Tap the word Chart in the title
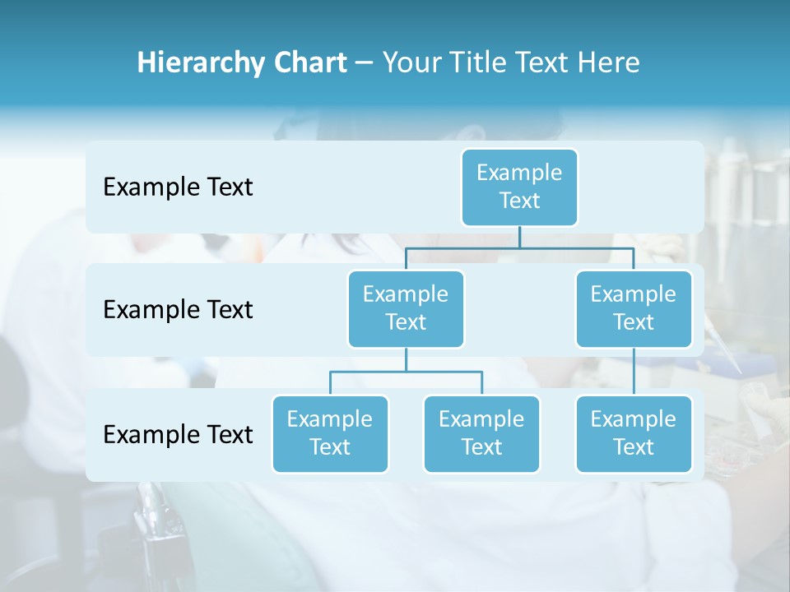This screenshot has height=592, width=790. click(308, 62)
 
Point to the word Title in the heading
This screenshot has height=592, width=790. click(476, 62)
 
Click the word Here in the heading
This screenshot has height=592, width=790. click(608, 62)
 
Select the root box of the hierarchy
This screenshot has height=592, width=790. click(519, 187)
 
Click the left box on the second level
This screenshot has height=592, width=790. click(406, 308)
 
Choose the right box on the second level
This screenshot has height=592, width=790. click(634, 308)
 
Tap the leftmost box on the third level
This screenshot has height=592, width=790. click(330, 433)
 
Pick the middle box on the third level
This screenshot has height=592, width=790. click(481, 433)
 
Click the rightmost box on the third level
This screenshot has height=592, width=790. click(634, 433)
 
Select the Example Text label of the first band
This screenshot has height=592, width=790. click(178, 187)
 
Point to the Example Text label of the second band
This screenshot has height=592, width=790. click(178, 310)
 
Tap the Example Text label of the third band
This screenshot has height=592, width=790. click(178, 434)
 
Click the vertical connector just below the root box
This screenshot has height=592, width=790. click(519, 237)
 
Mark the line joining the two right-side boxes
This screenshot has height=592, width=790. click(634, 372)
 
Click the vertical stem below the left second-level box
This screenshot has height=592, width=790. click(406, 359)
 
